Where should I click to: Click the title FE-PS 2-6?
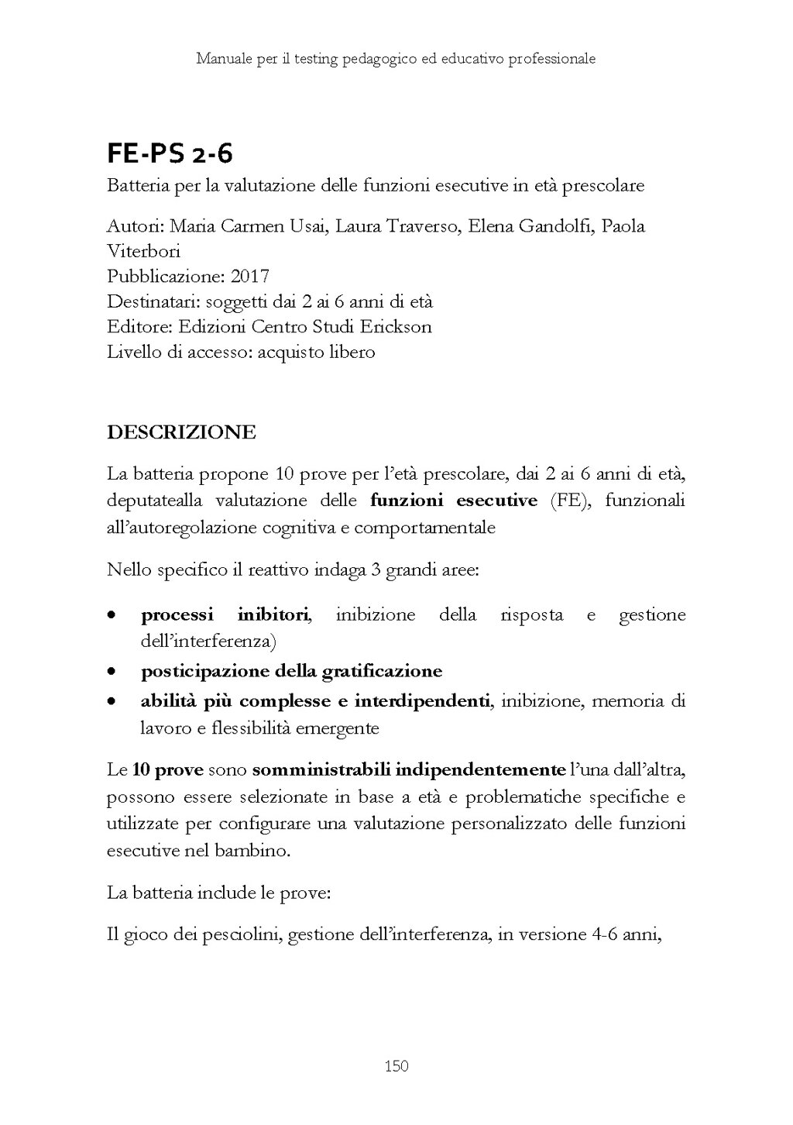[170, 155]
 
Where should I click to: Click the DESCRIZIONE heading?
[181, 432]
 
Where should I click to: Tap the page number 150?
[396, 1067]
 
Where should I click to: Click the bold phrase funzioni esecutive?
[454, 501]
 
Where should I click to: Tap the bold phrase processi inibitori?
[225, 615]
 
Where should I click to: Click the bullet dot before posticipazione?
[112, 671]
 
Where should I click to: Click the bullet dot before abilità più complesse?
[112, 702]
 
